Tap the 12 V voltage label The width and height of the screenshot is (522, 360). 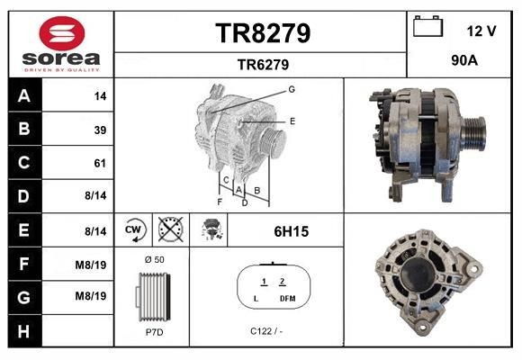pyautogui.click(x=481, y=31)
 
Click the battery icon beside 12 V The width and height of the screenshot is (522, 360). pyautogui.click(x=427, y=28)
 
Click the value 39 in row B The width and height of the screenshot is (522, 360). pyautogui.click(x=100, y=130)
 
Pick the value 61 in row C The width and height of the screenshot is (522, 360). pyautogui.click(x=100, y=164)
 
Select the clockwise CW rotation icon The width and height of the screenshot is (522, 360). pyautogui.click(x=133, y=230)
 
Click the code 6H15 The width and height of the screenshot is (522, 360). pyautogui.click(x=292, y=231)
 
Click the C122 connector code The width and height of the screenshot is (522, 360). pyautogui.click(x=261, y=330)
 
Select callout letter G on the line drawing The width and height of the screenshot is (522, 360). pyautogui.click(x=292, y=89)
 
